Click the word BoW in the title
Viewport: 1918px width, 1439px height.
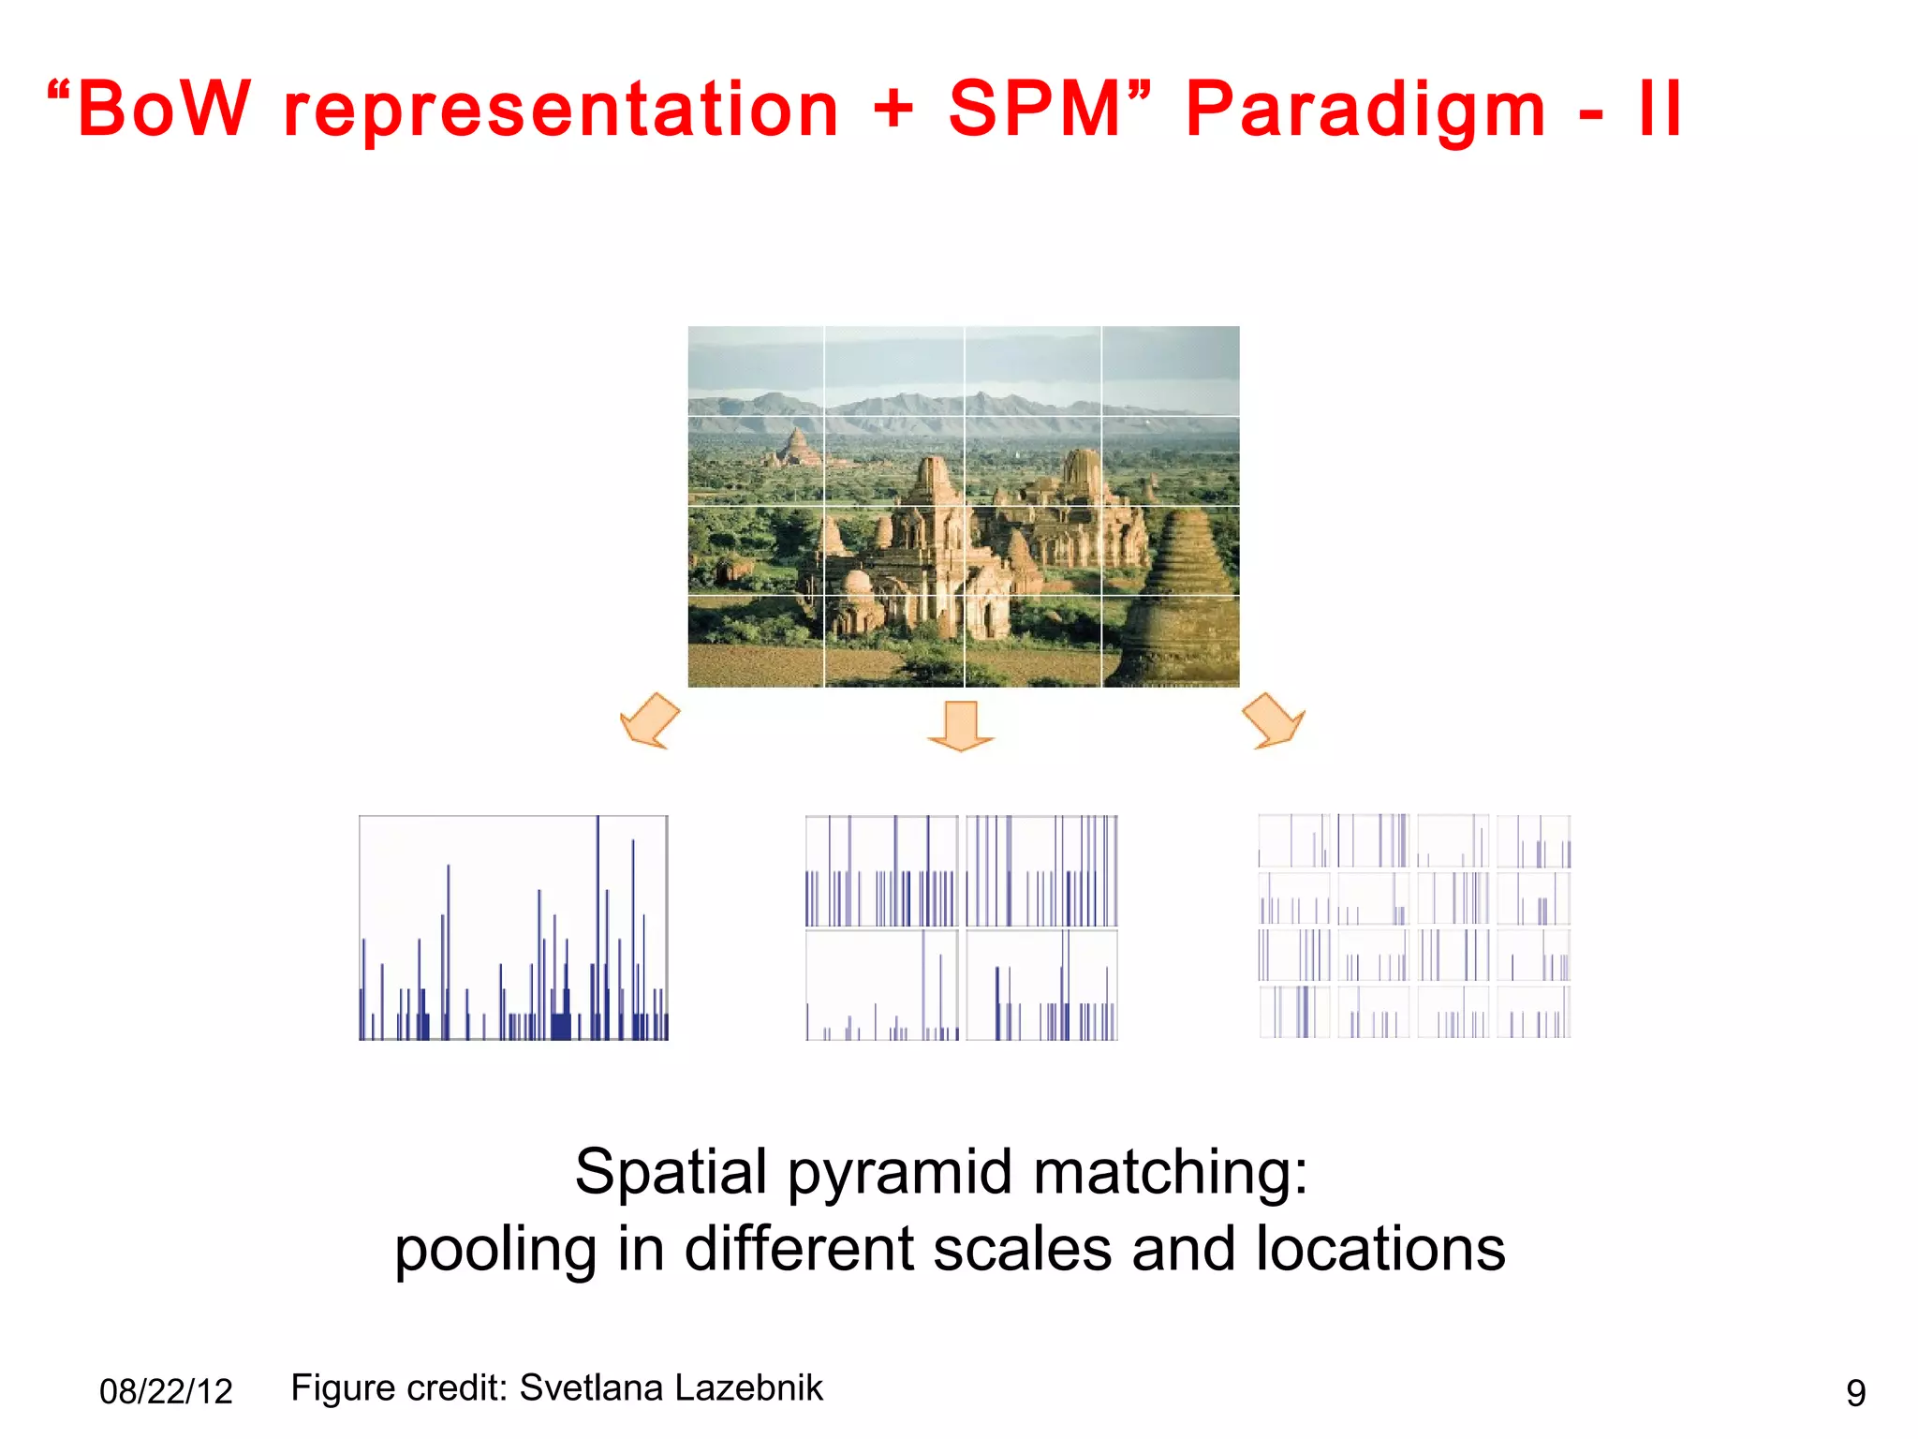click(x=164, y=110)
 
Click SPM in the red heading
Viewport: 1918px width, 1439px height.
click(x=1036, y=110)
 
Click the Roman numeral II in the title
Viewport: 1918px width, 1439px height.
click(x=1660, y=110)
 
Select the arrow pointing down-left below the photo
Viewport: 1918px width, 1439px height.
click(x=649, y=721)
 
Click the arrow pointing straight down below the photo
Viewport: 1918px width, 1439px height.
click(x=961, y=727)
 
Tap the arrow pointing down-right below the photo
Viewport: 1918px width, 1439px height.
click(x=1274, y=721)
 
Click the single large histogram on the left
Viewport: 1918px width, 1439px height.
click(x=513, y=927)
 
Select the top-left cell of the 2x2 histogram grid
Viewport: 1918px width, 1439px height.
click(x=881, y=871)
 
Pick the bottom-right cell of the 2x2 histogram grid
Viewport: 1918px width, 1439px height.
click(x=1041, y=985)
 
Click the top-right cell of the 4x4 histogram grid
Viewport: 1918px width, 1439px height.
click(x=1533, y=840)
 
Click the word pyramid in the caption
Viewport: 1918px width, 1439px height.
click(x=900, y=1172)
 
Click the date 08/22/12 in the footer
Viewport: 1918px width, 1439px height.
click(x=166, y=1392)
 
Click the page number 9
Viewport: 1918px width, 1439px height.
click(x=1855, y=1393)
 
